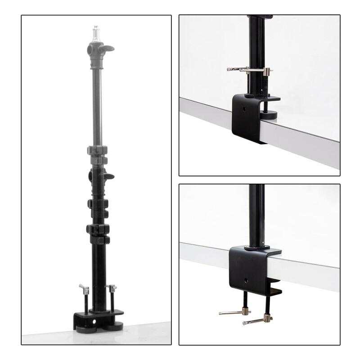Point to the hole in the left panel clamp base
(x=94, y=322)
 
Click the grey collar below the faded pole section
(x=99, y=150)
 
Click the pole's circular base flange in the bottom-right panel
(x=257, y=247)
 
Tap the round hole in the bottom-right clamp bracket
(x=246, y=281)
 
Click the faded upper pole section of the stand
(x=95, y=103)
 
